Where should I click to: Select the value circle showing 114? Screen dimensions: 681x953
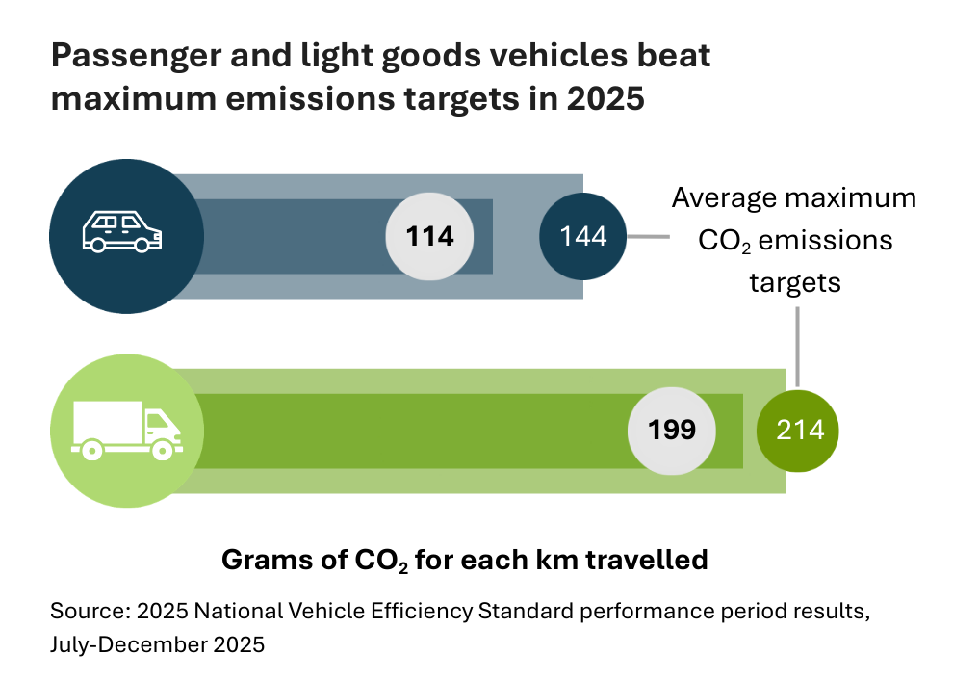431,236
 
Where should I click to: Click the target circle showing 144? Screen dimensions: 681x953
583,236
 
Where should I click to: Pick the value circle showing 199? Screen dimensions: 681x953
673,429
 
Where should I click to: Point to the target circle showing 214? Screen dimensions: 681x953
799,429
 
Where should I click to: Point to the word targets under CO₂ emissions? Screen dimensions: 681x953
795,282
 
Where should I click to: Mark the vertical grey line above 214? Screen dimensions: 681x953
797,342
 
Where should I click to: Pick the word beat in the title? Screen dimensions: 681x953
675,57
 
